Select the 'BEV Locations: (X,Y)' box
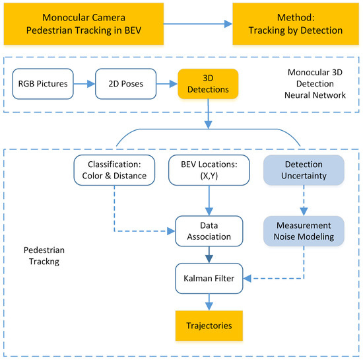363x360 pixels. click(x=209, y=169)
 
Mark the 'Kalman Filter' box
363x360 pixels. click(x=209, y=277)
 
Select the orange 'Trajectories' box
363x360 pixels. click(x=209, y=326)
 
